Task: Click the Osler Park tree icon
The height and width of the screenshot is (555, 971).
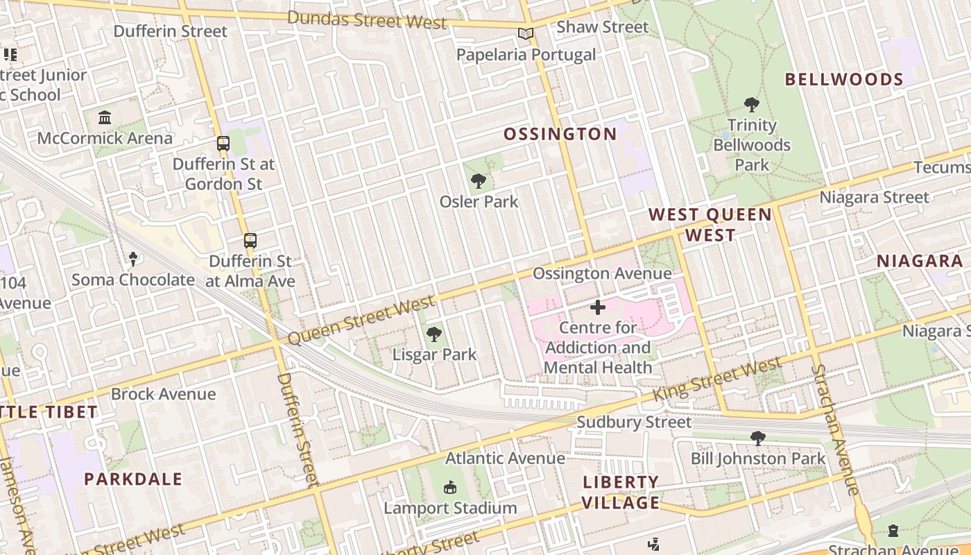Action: [x=478, y=182]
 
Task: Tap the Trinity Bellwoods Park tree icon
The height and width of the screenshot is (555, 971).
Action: [x=751, y=105]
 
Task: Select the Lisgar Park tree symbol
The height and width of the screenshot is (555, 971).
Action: [x=434, y=334]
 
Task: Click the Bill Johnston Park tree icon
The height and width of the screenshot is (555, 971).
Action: [x=757, y=438]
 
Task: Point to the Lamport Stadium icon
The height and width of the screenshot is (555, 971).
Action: [x=450, y=488]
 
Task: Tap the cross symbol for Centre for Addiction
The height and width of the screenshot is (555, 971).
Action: [x=597, y=307]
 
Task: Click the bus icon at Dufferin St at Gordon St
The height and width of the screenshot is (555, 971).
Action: [x=223, y=144]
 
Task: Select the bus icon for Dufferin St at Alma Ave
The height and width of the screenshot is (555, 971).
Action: [x=250, y=241]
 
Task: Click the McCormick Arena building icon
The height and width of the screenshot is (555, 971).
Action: [x=105, y=117]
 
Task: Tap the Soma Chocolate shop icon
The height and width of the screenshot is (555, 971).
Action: [x=133, y=259]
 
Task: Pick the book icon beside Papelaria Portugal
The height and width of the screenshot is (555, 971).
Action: [x=526, y=33]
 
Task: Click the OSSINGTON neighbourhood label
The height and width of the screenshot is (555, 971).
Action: [x=560, y=134]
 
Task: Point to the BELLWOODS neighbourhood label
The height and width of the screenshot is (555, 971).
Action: [x=844, y=79]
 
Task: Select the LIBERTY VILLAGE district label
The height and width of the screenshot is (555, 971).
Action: [x=620, y=492]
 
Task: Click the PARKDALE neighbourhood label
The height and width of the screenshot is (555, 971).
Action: [x=133, y=479]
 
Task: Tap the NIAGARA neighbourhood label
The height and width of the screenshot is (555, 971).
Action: [x=920, y=262]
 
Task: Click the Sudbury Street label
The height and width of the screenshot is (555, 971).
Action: [x=634, y=422]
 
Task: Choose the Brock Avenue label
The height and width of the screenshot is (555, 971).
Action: [x=164, y=394]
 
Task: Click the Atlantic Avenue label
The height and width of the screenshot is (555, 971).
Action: [x=505, y=458]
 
